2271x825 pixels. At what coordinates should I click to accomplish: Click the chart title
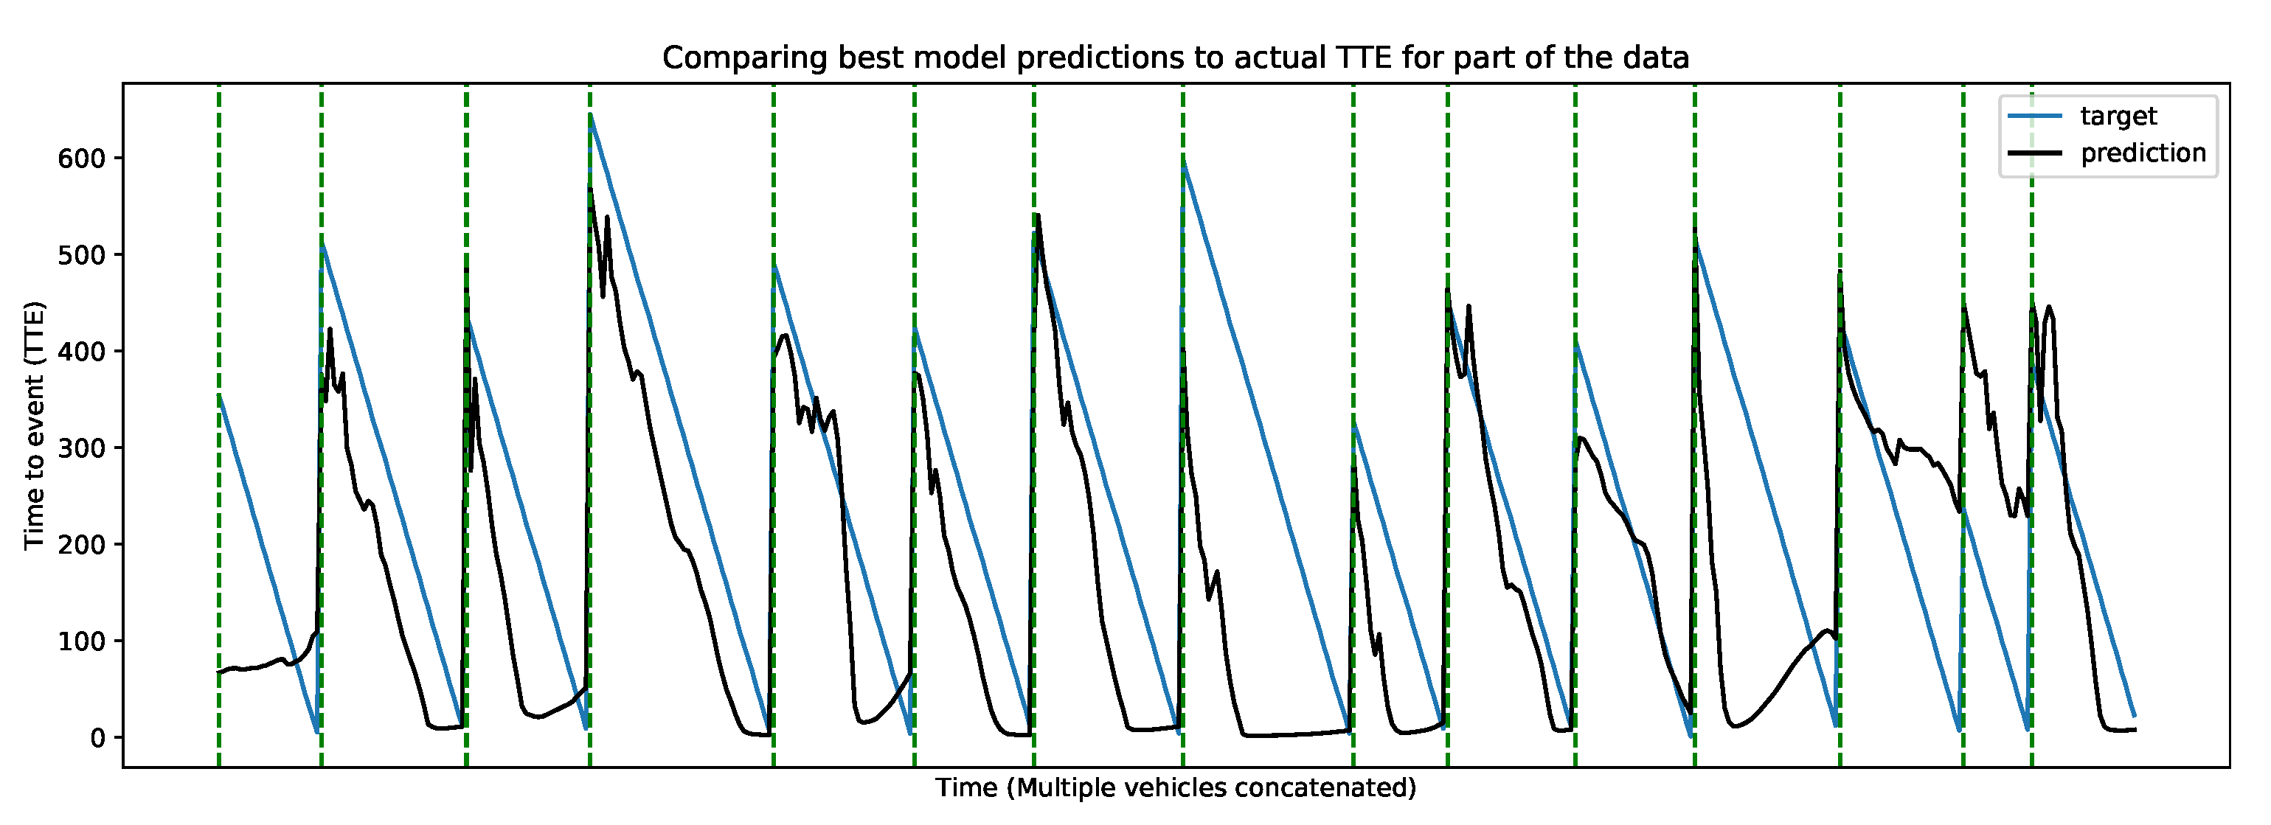(x=1175, y=58)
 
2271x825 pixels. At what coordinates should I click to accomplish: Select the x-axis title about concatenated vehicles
(x=1175, y=787)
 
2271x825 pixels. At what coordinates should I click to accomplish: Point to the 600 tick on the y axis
(x=82, y=159)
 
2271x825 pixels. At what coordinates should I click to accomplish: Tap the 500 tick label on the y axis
(x=82, y=255)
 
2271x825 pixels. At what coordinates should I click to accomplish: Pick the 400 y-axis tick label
(x=82, y=352)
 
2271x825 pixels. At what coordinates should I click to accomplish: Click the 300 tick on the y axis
(x=82, y=448)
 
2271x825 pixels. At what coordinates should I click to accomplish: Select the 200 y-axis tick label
(x=82, y=545)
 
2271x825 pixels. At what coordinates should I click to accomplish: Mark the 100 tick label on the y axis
(x=82, y=641)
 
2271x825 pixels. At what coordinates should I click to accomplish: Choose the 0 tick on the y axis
(x=98, y=738)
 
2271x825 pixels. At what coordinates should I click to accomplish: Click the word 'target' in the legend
(x=2118, y=116)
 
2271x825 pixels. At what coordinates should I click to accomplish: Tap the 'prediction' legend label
(x=2143, y=153)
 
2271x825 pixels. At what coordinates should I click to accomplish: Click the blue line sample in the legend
(x=2035, y=116)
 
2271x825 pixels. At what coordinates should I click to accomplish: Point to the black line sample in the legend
(x=2035, y=153)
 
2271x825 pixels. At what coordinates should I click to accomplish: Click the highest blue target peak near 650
(x=591, y=114)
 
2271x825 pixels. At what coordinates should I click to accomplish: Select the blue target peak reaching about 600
(x=1183, y=159)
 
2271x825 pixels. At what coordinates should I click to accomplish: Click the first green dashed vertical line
(x=218, y=425)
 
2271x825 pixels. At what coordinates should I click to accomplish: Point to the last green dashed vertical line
(x=2031, y=425)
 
